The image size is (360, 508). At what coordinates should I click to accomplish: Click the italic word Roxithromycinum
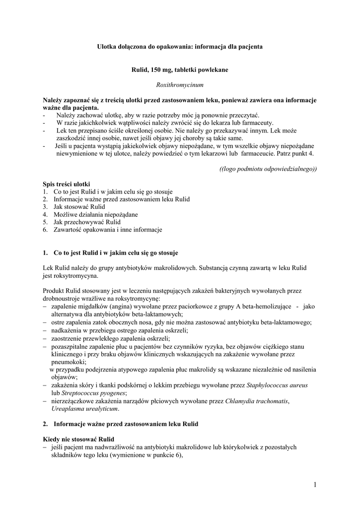(180, 85)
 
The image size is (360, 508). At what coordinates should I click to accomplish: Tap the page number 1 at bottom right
(315, 484)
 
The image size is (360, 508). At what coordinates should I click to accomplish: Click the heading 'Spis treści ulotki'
(66, 184)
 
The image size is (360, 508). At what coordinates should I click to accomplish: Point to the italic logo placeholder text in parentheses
(268, 169)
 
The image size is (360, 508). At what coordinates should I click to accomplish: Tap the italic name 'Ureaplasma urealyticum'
(85, 409)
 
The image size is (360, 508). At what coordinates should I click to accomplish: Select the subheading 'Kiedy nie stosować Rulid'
(78, 439)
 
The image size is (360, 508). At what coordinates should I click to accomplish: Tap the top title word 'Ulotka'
(106, 47)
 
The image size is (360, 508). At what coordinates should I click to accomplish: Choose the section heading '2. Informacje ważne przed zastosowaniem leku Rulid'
(120, 424)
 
